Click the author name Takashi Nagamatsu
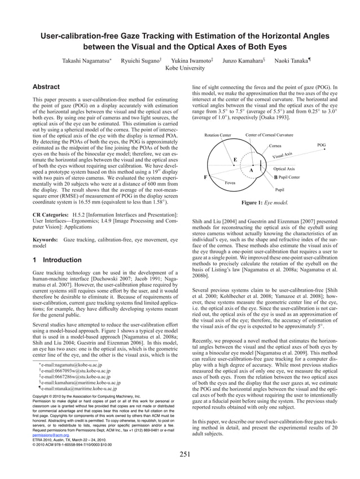(86, 60)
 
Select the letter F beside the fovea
(205, 177)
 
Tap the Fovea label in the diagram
(230, 183)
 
